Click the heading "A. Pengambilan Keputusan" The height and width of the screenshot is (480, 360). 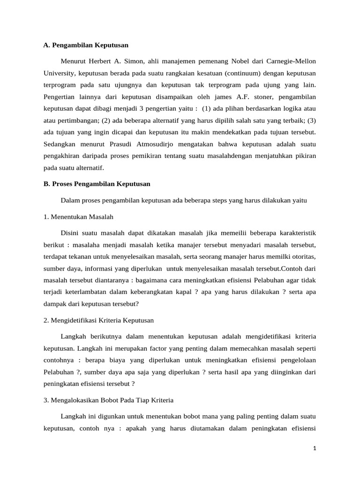click(x=85, y=45)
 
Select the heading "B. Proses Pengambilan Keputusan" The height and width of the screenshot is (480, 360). click(x=97, y=184)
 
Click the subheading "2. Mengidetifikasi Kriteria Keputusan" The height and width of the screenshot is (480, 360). click(x=98, y=321)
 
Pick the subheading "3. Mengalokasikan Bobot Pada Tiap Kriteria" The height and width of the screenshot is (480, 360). click(x=108, y=400)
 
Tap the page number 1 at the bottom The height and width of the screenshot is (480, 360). click(x=315, y=449)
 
